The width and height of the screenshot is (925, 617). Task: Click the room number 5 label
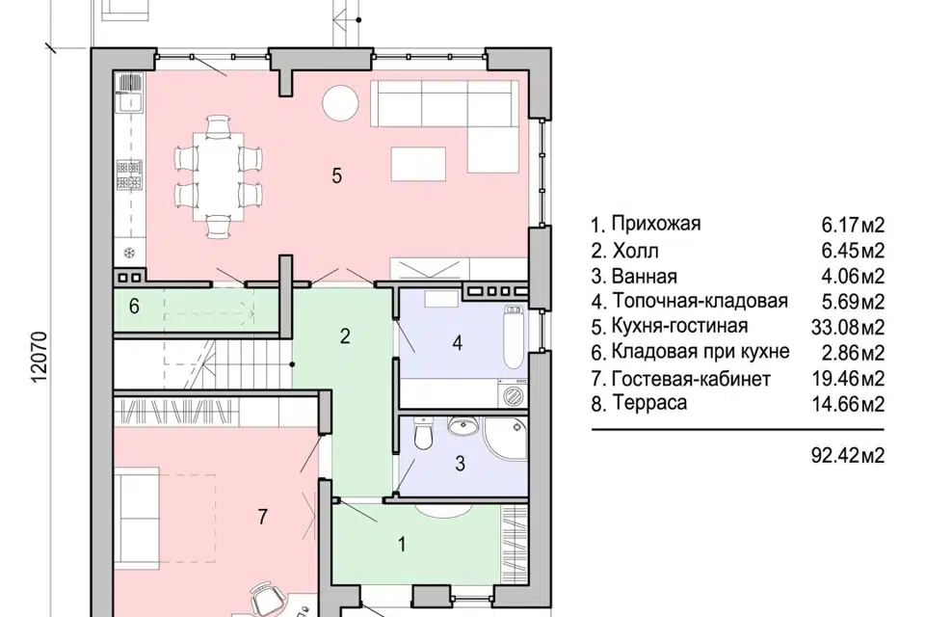[x=336, y=175]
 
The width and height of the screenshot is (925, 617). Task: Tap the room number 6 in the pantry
[x=135, y=307]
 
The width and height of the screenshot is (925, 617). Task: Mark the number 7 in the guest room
[x=262, y=517]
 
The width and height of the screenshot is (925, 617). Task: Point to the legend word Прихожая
[x=655, y=225]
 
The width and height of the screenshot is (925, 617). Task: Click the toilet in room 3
[x=423, y=439]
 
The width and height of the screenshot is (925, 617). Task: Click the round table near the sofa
[x=340, y=103]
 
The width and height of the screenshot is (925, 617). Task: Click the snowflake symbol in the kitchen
[x=128, y=254]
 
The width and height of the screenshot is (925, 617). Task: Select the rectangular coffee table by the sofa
[x=418, y=162]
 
